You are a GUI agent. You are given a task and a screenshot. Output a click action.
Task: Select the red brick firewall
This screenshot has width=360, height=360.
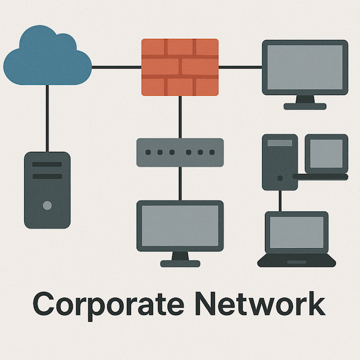[179, 66]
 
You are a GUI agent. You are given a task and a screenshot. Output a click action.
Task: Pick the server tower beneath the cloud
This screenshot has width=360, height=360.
[47, 190]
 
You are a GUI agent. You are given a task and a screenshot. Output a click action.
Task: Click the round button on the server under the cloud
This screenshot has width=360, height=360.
[47, 206]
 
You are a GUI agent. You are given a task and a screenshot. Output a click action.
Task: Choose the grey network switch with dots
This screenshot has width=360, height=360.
[179, 152]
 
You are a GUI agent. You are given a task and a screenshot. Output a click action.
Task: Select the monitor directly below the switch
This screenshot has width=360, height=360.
[179, 227]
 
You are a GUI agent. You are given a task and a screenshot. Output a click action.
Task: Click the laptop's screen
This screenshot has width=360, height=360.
[296, 233]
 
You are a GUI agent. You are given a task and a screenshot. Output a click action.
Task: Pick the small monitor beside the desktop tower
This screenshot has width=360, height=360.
[326, 153]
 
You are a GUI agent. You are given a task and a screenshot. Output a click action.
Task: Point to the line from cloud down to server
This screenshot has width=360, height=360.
[47, 118]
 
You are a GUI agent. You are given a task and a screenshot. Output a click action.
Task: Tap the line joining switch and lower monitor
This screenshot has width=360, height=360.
[179, 183]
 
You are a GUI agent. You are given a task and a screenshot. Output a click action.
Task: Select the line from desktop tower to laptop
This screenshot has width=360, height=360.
[279, 200]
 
